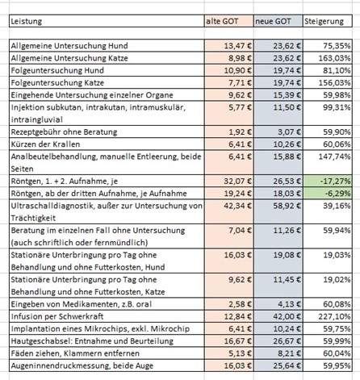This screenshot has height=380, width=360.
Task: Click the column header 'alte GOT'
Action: point(228,21)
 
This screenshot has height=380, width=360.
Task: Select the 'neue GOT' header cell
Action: point(278,21)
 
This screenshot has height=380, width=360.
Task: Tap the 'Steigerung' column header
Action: point(328,21)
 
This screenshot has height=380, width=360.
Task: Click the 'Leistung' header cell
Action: point(107,21)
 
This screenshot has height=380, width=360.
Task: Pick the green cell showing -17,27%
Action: point(328,181)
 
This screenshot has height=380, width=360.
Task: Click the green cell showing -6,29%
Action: point(328,194)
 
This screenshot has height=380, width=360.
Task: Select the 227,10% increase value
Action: point(334,316)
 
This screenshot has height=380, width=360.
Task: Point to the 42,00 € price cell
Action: point(287,316)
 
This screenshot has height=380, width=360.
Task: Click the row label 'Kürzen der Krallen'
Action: point(45,144)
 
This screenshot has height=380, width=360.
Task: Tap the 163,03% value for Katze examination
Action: point(334,58)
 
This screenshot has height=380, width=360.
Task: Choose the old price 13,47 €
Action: point(237,46)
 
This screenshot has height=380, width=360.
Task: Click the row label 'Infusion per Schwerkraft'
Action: point(57,316)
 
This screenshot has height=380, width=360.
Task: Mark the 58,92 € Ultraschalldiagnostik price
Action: point(287,206)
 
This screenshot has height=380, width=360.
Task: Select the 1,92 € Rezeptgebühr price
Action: point(240,132)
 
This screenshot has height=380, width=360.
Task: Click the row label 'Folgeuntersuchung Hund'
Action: point(57,70)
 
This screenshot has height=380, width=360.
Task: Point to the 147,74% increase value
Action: point(334,157)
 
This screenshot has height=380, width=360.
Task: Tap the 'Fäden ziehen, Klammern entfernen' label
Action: point(75,353)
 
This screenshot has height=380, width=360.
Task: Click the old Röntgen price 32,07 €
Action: point(237,181)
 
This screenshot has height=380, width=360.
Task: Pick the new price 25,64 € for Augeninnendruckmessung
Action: point(287,365)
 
